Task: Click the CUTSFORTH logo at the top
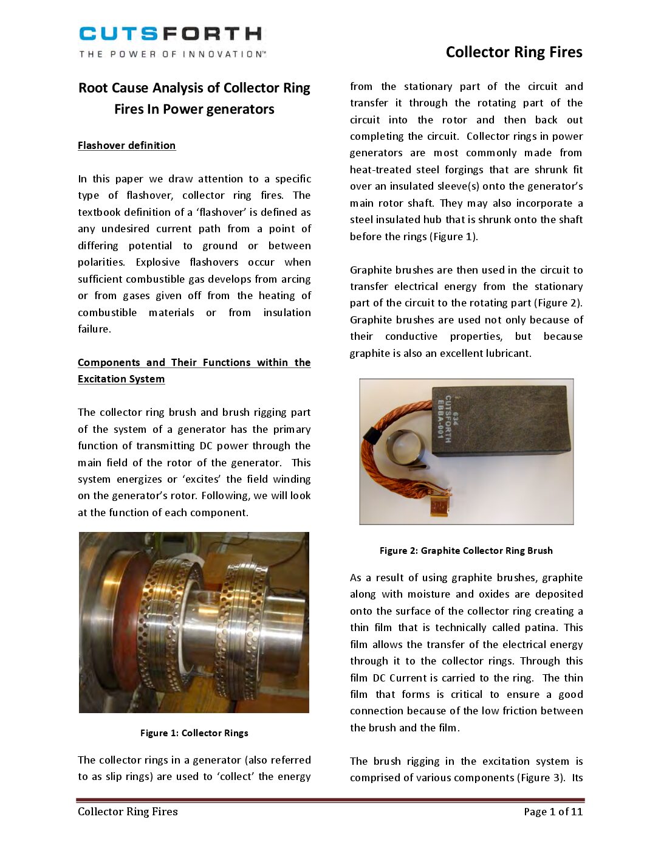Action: (171, 33)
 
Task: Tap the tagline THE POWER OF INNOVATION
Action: (172, 54)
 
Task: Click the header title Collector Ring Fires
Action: (513, 52)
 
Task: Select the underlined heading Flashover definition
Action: (126, 145)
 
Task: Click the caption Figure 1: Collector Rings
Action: (194, 733)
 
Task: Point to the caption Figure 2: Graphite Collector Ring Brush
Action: (466, 550)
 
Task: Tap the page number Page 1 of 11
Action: (553, 811)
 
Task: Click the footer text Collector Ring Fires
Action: (128, 811)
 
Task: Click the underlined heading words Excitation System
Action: (121, 379)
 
